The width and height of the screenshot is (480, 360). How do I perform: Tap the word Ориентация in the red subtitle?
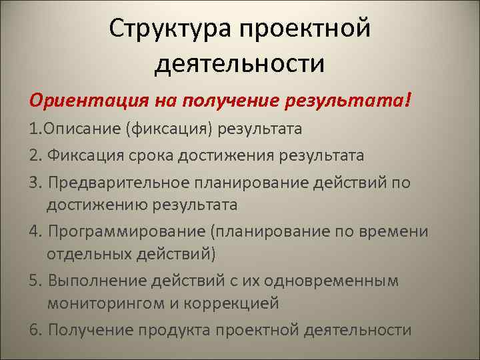(x=78, y=100)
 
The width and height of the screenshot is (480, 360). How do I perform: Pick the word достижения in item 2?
(x=239, y=156)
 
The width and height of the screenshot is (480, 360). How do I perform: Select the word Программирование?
(x=125, y=231)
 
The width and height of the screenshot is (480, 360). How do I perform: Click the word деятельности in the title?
(x=240, y=64)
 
